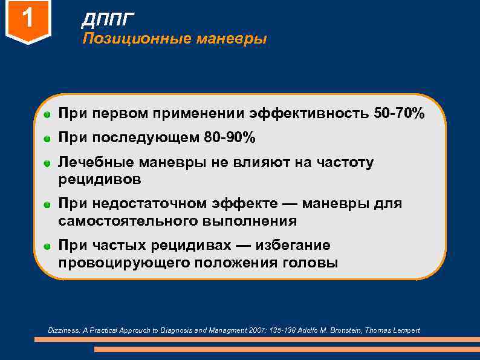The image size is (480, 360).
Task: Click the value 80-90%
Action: [230, 139]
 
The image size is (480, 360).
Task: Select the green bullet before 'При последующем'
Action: [47, 139]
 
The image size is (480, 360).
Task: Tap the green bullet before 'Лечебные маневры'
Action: [47, 163]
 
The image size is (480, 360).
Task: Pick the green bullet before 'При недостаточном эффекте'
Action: [47, 205]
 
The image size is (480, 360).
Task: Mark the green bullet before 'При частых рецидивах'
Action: [47, 246]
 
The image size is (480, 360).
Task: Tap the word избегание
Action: [293, 246]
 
